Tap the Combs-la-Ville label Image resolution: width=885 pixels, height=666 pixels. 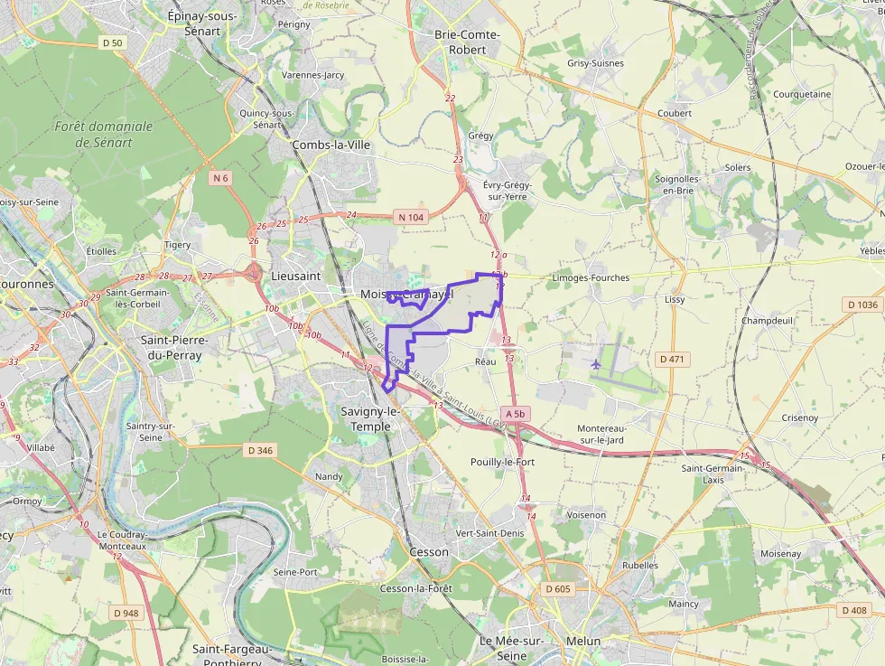(331, 145)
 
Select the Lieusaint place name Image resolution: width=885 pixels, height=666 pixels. (296, 276)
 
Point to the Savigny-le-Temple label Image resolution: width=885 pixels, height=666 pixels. (366, 418)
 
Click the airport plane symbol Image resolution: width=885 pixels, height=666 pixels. (596, 364)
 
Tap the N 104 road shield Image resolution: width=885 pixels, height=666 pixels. (410, 217)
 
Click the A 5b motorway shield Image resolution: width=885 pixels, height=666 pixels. (515, 414)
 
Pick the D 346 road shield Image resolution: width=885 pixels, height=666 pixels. (259, 450)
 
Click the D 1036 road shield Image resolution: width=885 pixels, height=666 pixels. (863, 305)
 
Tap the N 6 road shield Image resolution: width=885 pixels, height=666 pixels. (220, 178)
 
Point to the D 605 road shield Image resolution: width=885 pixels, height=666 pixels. (558, 589)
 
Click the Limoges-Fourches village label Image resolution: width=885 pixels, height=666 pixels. (590, 278)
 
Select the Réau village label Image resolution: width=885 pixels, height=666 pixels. (486, 361)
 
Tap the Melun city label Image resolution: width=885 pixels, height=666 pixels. (582, 642)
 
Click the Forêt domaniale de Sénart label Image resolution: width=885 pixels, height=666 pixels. (104, 135)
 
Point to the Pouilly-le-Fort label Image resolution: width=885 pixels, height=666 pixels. (503, 462)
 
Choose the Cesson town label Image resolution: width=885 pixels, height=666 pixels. (428, 551)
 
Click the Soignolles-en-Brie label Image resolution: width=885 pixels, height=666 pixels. (677, 184)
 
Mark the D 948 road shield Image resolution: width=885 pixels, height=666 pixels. (126, 614)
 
